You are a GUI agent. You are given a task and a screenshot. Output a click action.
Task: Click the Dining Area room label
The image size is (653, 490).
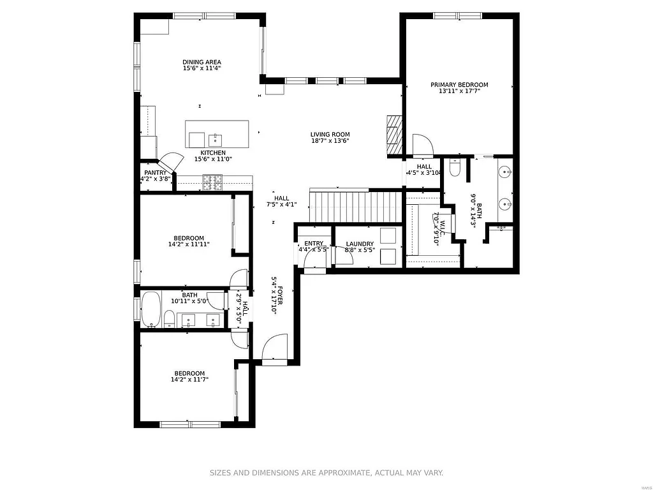click(x=202, y=62)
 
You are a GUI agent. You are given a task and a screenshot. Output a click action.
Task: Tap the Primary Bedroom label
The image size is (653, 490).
click(x=459, y=84)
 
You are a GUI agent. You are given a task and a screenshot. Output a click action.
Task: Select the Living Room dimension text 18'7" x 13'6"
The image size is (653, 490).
click(x=330, y=141)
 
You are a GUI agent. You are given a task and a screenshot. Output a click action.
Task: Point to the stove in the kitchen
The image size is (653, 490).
click(x=212, y=182)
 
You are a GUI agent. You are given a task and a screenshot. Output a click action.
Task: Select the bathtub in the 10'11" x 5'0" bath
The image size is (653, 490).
click(x=150, y=310)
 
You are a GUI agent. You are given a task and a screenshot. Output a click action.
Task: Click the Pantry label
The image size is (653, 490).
click(x=155, y=172)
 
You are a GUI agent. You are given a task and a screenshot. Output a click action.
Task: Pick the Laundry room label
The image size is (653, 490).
click(x=360, y=244)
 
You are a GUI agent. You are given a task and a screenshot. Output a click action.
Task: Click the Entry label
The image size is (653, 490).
click(x=313, y=243)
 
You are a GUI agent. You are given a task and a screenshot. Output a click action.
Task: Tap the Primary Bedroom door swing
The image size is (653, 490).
click(x=422, y=145)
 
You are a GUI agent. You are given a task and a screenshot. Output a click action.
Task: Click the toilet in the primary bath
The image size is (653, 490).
click(x=455, y=168)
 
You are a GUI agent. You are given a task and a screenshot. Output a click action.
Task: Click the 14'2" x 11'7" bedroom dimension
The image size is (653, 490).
click(x=189, y=380)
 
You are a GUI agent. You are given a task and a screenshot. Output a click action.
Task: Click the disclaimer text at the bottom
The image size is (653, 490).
click(x=326, y=473)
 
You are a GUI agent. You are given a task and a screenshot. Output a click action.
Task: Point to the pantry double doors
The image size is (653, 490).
click(x=169, y=162)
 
